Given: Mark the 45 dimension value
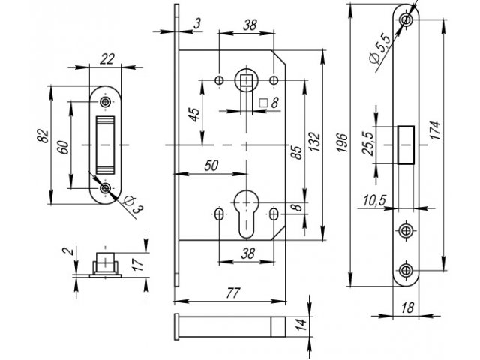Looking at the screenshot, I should (193, 115).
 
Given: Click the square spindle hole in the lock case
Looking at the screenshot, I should (246, 78).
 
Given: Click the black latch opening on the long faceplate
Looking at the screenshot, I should (406, 142).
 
